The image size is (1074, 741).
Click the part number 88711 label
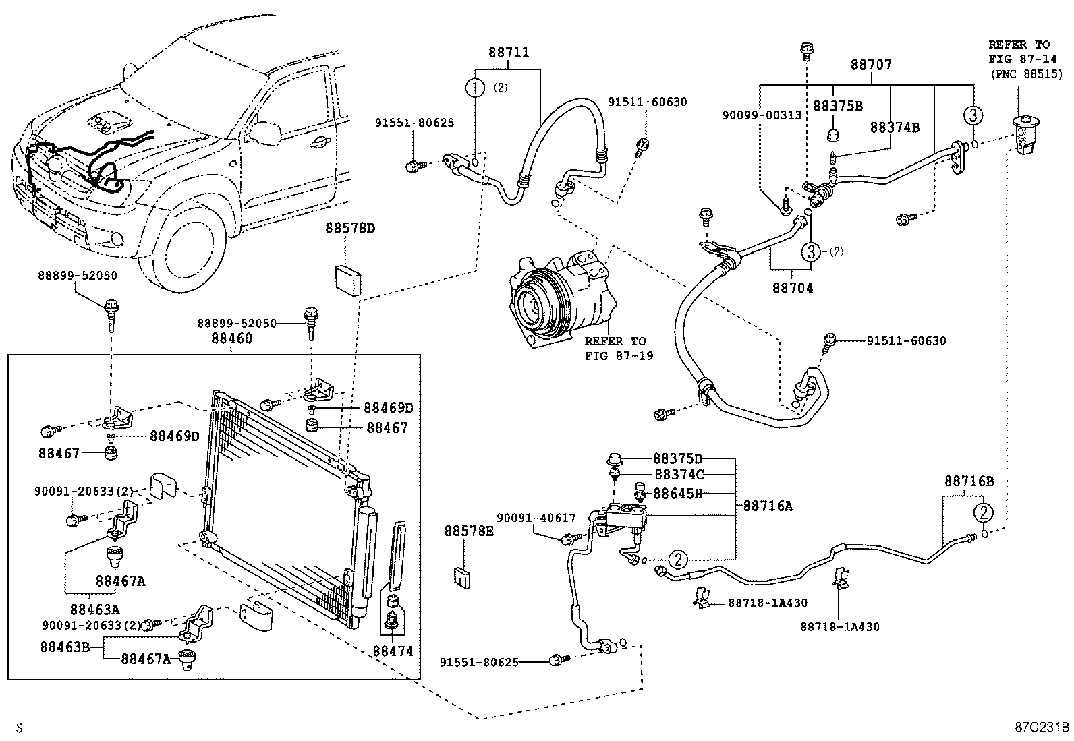(509, 53)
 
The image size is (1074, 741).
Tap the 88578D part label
(349, 229)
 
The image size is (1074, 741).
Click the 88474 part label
(392, 651)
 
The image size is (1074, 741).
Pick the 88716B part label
(969, 481)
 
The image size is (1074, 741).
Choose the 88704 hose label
(793, 288)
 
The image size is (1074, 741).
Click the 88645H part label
(678, 494)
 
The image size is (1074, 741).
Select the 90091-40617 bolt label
(536, 518)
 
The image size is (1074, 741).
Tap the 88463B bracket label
(64, 647)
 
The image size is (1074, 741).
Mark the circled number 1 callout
(475, 87)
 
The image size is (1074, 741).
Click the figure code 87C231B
(1042, 728)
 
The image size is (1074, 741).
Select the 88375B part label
(838, 106)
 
